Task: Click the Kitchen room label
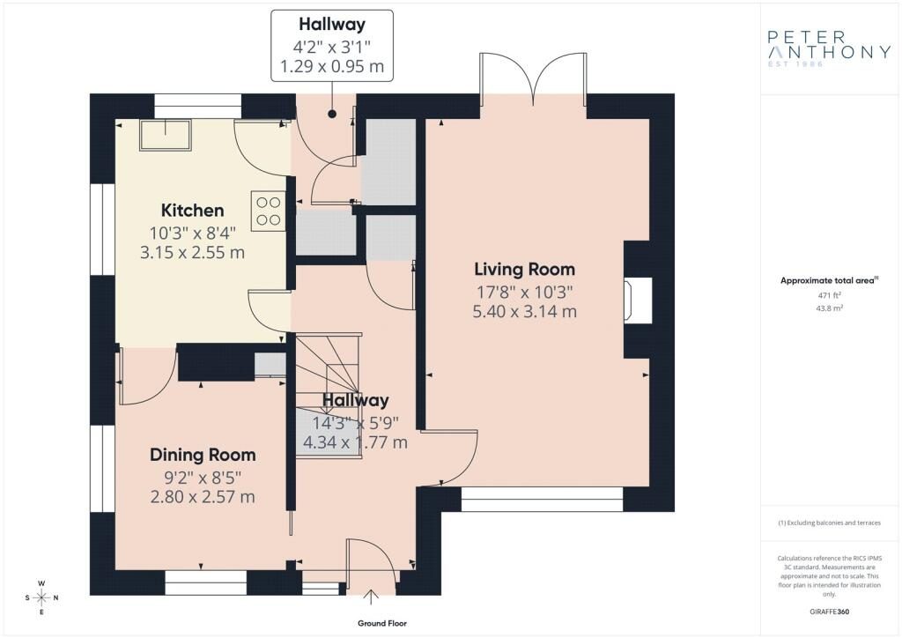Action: pos(192,211)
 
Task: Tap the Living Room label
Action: pos(525,270)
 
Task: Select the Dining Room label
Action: pos(203,455)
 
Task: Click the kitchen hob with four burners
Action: pos(268,211)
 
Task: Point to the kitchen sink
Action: pos(166,135)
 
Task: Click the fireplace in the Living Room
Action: pos(639,300)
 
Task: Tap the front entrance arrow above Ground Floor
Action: pos(371,597)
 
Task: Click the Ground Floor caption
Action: pos(382,623)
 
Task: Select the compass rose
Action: pos(41,597)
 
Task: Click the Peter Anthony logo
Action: pos(829,48)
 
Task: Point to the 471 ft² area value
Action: pos(829,295)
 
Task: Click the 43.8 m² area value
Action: pos(829,308)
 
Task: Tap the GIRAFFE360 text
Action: pos(829,612)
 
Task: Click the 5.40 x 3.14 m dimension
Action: pos(525,312)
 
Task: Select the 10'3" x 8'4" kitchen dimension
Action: pos(193,233)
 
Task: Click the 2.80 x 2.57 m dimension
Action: pos(203,497)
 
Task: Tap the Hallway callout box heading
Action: pos(332,24)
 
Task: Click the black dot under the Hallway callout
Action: pos(332,114)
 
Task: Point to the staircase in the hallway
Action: pos(329,396)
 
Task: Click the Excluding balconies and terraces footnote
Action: pos(829,523)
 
